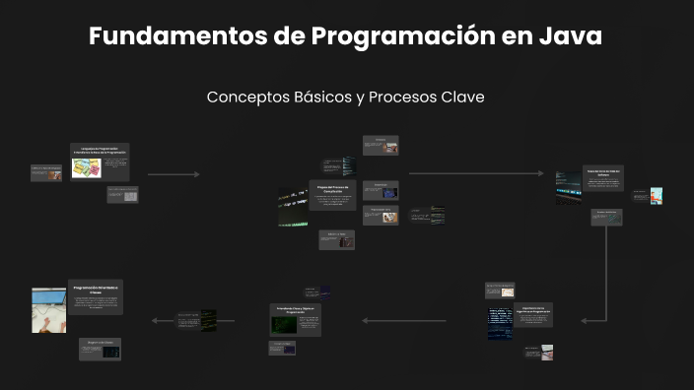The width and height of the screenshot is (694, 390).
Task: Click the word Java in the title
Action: tap(569, 36)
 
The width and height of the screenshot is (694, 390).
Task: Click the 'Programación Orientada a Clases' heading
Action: tap(96, 290)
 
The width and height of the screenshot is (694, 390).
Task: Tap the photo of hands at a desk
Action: tap(49, 310)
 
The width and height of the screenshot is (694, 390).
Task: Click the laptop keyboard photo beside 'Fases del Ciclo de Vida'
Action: tap(568, 187)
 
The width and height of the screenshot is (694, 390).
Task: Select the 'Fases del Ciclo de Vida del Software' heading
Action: tap(601, 170)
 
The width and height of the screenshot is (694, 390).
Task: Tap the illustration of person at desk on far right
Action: tap(657, 196)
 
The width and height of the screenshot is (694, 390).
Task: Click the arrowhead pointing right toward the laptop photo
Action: tap(539, 174)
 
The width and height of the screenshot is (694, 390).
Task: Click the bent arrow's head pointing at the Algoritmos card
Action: tap(584, 320)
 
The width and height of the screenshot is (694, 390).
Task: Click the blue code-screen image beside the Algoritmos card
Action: tap(500, 322)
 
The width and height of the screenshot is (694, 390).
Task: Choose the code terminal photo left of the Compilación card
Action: tap(294, 208)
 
